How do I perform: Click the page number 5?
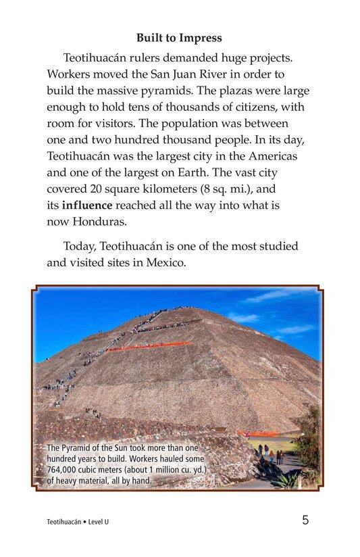click(306, 520)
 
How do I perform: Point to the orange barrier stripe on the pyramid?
click(149, 347)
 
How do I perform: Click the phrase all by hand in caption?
click(130, 481)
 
